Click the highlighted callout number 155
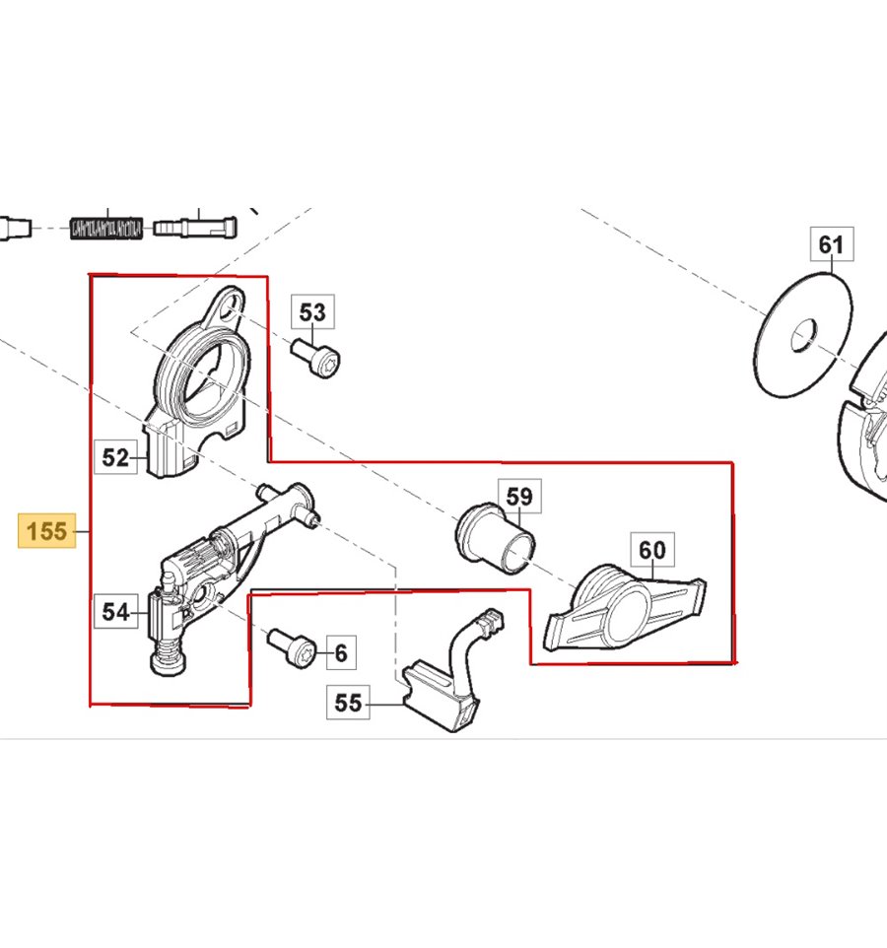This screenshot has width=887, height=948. pos(47,531)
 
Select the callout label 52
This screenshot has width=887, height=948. pos(116,457)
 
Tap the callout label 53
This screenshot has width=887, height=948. pos(312,312)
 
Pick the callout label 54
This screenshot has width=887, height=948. pos(116,611)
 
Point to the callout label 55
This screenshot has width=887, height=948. pos(348,703)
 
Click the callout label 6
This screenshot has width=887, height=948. pos(341,652)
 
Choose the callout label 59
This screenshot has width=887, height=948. pos(520,497)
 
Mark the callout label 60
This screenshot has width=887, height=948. pos(652,550)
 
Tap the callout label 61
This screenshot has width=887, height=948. pos(832,244)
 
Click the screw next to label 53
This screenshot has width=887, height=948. pos(315,358)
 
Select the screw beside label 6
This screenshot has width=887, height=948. pos(292,646)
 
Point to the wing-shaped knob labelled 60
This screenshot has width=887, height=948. pos(626,608)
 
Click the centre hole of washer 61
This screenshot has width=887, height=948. pos(804,336)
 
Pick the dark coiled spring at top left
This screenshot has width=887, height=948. pos(107,229)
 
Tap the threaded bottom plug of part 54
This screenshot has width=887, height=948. pos(169,658)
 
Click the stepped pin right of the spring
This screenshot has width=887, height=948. pos(195,228)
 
